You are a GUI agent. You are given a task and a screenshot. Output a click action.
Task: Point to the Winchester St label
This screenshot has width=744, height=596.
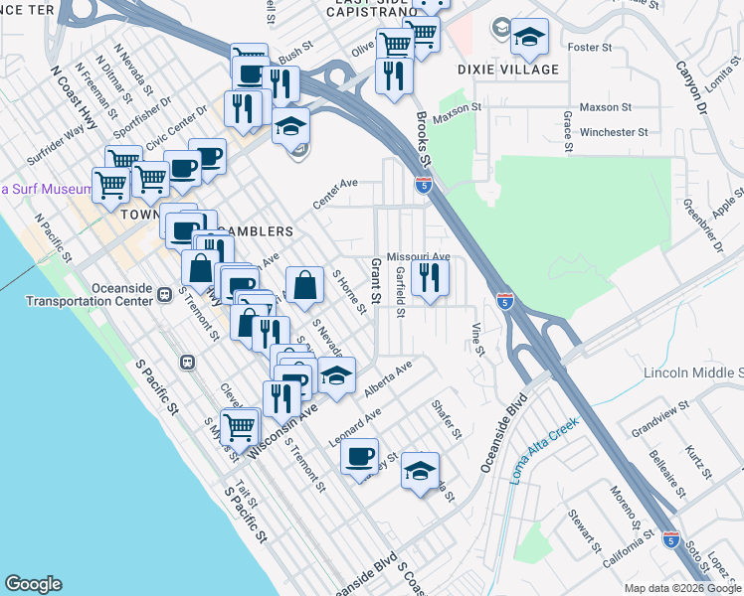pos(613,131)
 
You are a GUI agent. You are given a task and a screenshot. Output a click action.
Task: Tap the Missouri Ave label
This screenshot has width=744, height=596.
pos(419,256)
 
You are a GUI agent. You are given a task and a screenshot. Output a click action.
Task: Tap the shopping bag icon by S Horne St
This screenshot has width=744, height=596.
pos(304,286)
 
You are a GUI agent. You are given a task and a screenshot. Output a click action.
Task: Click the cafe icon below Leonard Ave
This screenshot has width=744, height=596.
pos(359,458)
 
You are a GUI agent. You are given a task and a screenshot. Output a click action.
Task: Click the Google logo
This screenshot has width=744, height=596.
pos(33,583)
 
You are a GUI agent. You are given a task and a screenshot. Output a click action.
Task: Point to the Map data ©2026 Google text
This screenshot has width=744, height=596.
pos(681,588)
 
